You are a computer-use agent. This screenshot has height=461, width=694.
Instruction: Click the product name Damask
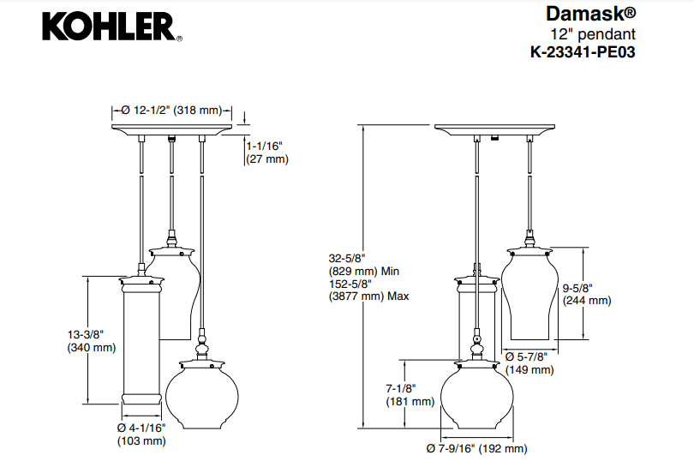(x=590, y=15)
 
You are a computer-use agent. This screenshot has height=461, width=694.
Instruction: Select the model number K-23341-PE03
(x=583, y=51)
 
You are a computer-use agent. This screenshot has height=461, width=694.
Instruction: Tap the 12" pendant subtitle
(x=593, y=34)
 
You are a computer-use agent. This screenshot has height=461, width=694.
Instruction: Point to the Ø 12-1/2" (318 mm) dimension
(x=171, y=111)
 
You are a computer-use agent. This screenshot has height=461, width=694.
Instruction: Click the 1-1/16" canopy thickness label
(x=267, y=153)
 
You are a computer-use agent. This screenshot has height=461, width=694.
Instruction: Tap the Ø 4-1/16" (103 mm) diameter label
(x=141, y=434)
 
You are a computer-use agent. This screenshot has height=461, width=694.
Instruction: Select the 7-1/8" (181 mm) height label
(x=410, y=394)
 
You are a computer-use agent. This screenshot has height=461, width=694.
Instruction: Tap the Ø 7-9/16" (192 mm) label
(x=476, y=448)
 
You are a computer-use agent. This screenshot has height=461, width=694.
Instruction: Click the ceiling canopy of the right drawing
(x=493, y=129)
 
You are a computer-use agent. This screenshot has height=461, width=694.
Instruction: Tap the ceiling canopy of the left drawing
(x=171, y=129)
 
